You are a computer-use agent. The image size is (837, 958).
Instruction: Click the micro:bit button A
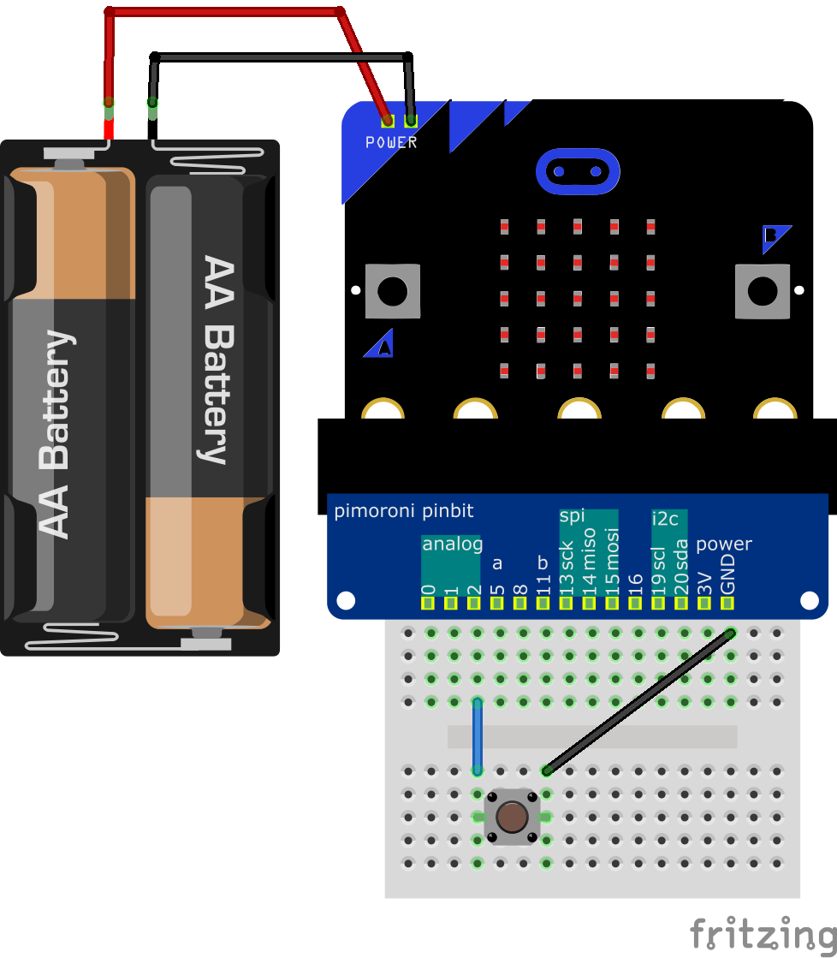(393, 291)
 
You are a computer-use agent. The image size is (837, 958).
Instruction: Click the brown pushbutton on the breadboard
(512, 817)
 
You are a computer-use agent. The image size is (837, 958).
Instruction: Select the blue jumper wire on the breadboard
(478, 736)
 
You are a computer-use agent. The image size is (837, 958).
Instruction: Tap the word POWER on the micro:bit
(391, 142)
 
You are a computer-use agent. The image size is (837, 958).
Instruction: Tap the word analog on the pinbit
(452, 544)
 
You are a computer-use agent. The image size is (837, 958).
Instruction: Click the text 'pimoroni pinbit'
(403, 512)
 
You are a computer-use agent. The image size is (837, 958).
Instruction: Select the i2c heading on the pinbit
(665, 519)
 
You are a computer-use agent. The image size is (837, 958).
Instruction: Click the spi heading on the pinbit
(572, 515)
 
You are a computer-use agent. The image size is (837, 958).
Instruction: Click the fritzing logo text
(762, 932)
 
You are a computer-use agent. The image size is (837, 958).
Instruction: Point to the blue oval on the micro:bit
(577, 172)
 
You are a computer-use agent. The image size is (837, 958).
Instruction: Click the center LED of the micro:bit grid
(577, 299)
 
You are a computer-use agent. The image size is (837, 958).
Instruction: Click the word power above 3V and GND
(724, 544)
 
